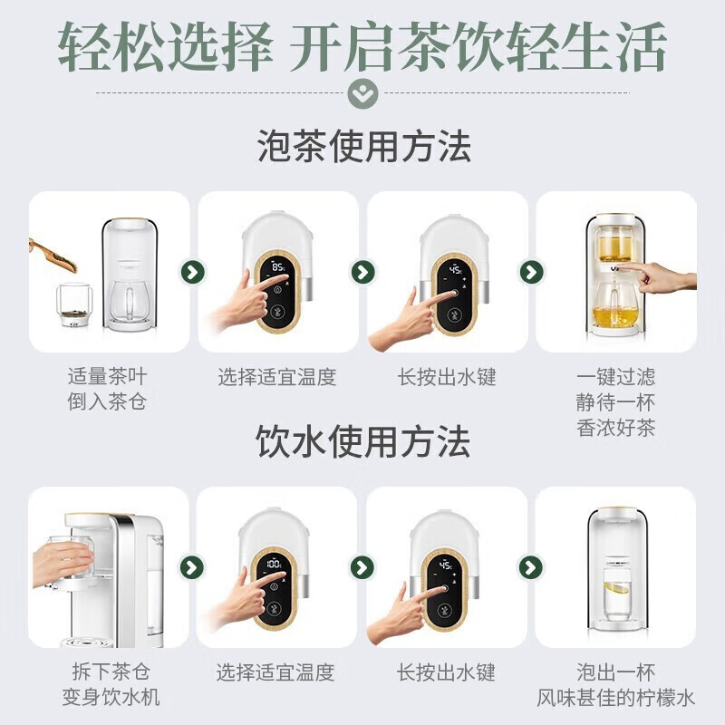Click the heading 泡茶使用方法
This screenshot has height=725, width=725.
coord(363,146)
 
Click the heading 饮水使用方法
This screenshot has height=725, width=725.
coord(363,442)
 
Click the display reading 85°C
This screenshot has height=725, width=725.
coord(276,269)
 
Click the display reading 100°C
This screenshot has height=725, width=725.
coord(274,564)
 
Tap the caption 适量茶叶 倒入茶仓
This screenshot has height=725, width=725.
coord(107,389)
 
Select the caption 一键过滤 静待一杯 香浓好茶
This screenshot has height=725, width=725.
coord(615,401)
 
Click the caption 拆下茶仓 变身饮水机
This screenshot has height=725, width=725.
coord(108,684)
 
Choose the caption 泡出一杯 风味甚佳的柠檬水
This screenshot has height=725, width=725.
coord(616,684)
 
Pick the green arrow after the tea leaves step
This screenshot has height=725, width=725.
coord(192,272)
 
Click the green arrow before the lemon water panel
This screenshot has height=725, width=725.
coord(531,567)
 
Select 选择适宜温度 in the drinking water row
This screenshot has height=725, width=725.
coord(276,672)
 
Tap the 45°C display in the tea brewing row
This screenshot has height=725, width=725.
coord(449,270)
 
